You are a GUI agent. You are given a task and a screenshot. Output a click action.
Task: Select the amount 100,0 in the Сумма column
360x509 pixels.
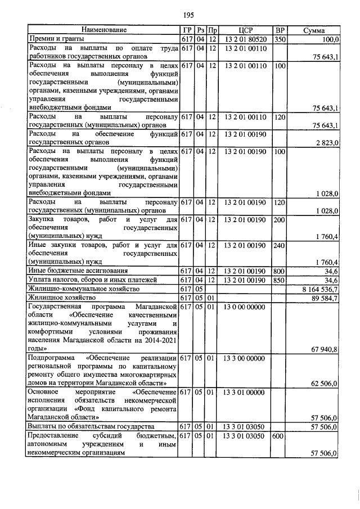click(x=328, y=39)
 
